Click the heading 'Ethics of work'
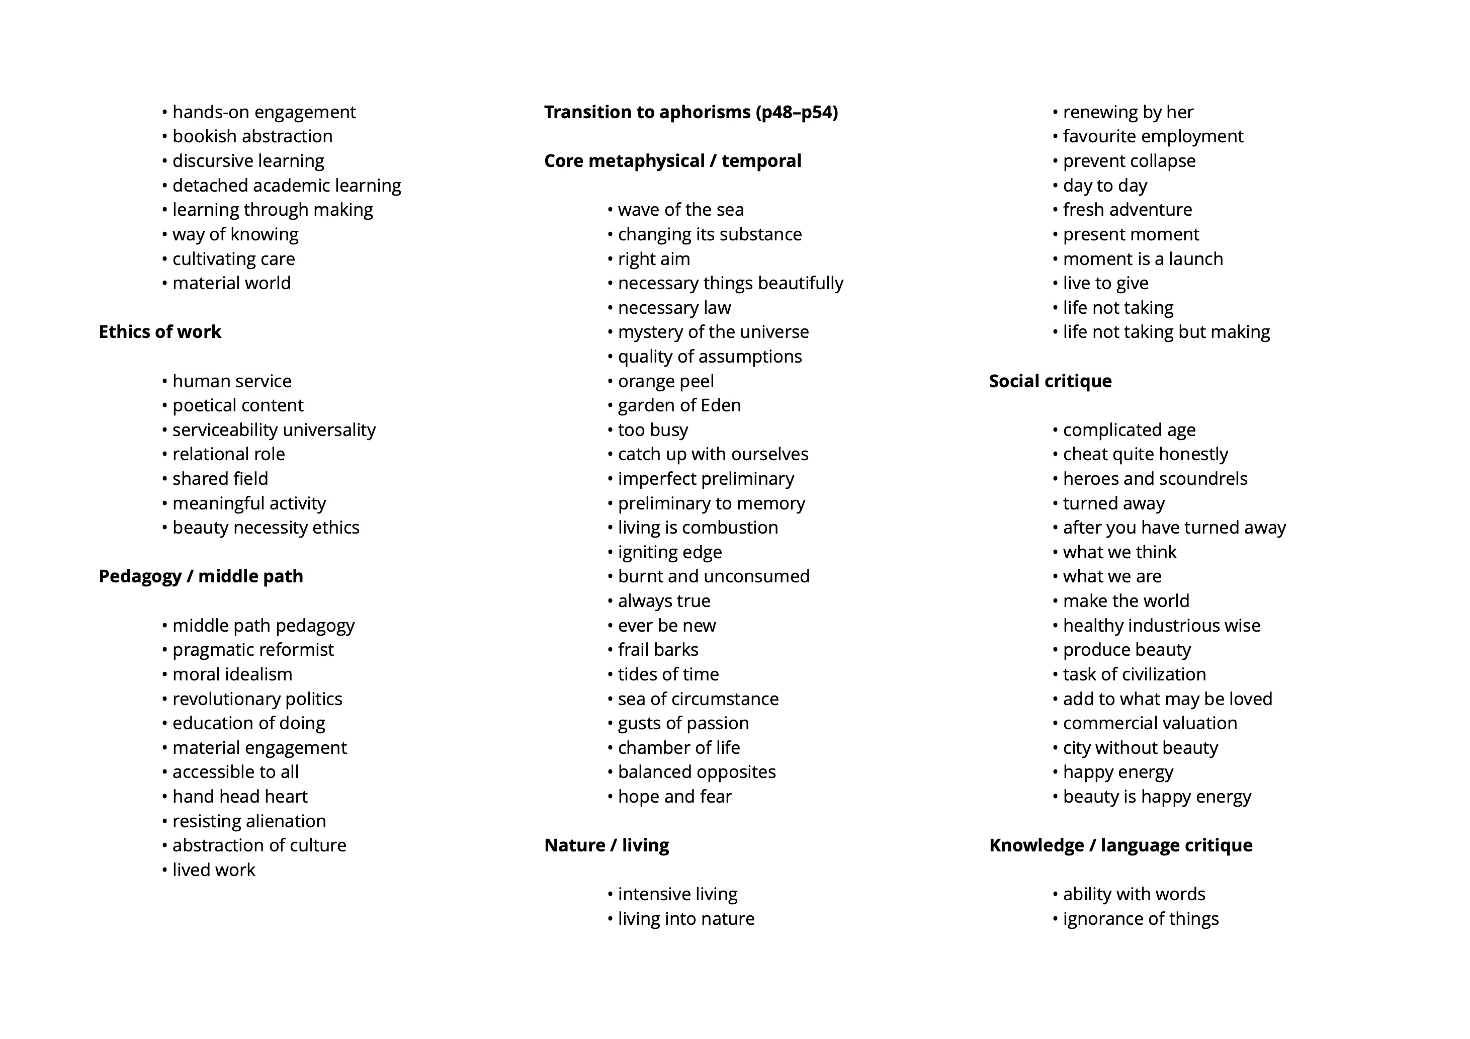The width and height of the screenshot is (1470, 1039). [159, 331]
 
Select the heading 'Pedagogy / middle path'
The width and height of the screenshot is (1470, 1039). [200, 576]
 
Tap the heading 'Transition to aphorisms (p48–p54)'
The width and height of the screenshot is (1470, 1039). [691, 112]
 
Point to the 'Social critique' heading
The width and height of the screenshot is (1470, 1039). [1050, 381]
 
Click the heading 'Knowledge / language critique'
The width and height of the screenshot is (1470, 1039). [1120, 845]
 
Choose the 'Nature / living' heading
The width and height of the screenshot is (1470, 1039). [607, 845]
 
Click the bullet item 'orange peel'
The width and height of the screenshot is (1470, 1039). [665, 381]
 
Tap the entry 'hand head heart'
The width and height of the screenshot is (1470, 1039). [239, 797]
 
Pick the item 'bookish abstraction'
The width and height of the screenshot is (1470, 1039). [252, 136]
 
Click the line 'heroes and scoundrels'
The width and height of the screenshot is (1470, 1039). [1155, 479]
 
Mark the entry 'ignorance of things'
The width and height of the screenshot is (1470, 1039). [1140, 919]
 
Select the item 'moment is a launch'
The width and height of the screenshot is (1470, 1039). [1143, 258]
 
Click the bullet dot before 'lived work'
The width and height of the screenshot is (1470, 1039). [164, 870]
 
